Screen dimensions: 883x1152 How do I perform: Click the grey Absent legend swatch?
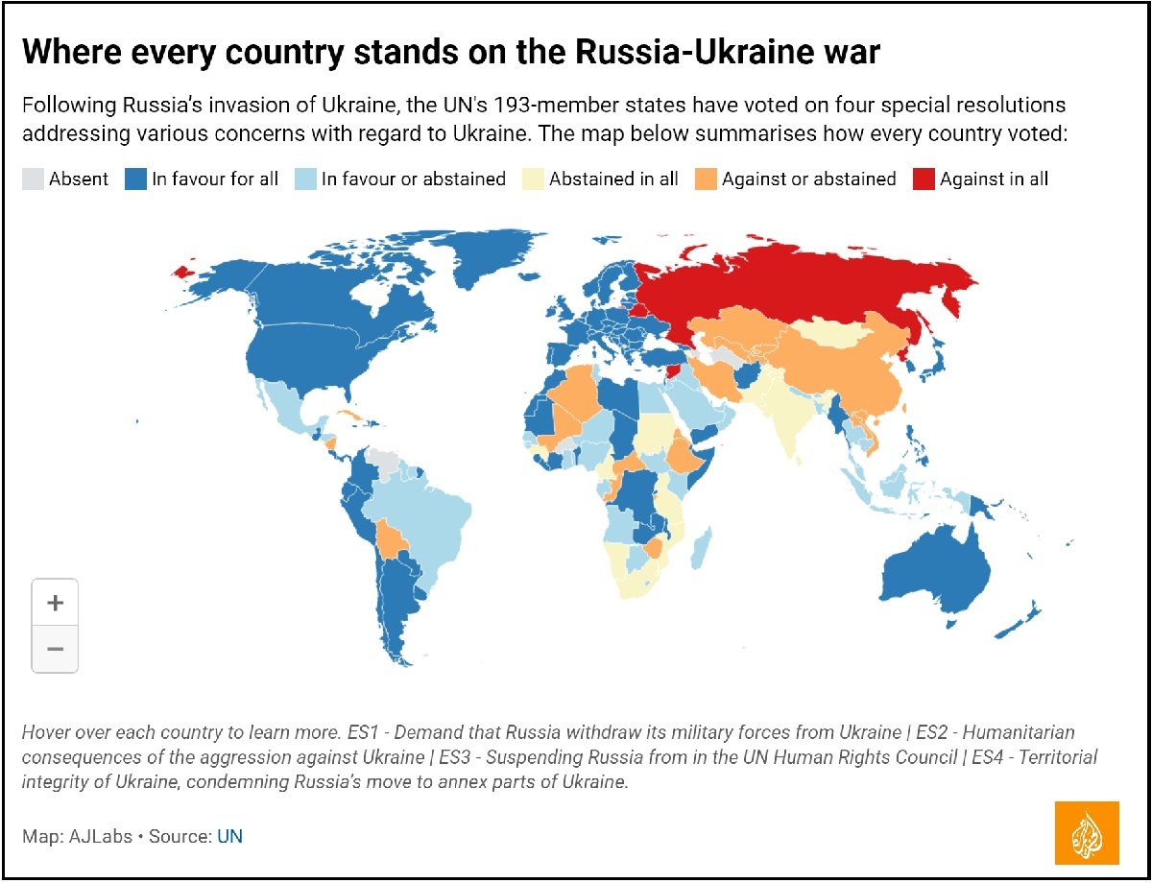pos(33,179)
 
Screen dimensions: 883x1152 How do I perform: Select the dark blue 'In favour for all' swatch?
pos(135,179)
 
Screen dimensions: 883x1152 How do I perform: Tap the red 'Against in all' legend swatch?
pos(924,179)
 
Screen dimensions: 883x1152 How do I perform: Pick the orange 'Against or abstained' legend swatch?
pos(706,179)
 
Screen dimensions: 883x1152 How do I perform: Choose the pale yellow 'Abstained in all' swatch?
pos(533,179)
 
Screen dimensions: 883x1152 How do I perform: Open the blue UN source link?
pos(229,836)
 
